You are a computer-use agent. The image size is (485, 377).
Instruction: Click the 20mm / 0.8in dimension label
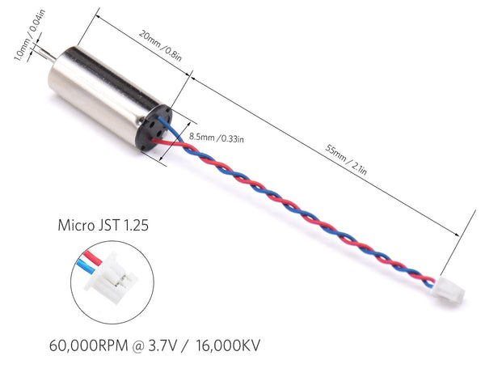[160, 45]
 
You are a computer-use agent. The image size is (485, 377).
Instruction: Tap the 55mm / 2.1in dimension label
[346, 159]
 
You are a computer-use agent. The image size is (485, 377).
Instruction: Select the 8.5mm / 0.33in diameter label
[216, 138]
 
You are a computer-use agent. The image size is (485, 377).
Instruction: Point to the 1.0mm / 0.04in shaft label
[30, 35]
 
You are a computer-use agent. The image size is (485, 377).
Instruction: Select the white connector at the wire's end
[449, 290]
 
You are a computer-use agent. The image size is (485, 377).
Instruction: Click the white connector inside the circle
[111, 278]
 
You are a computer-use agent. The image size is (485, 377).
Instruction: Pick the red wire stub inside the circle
[92, 258]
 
